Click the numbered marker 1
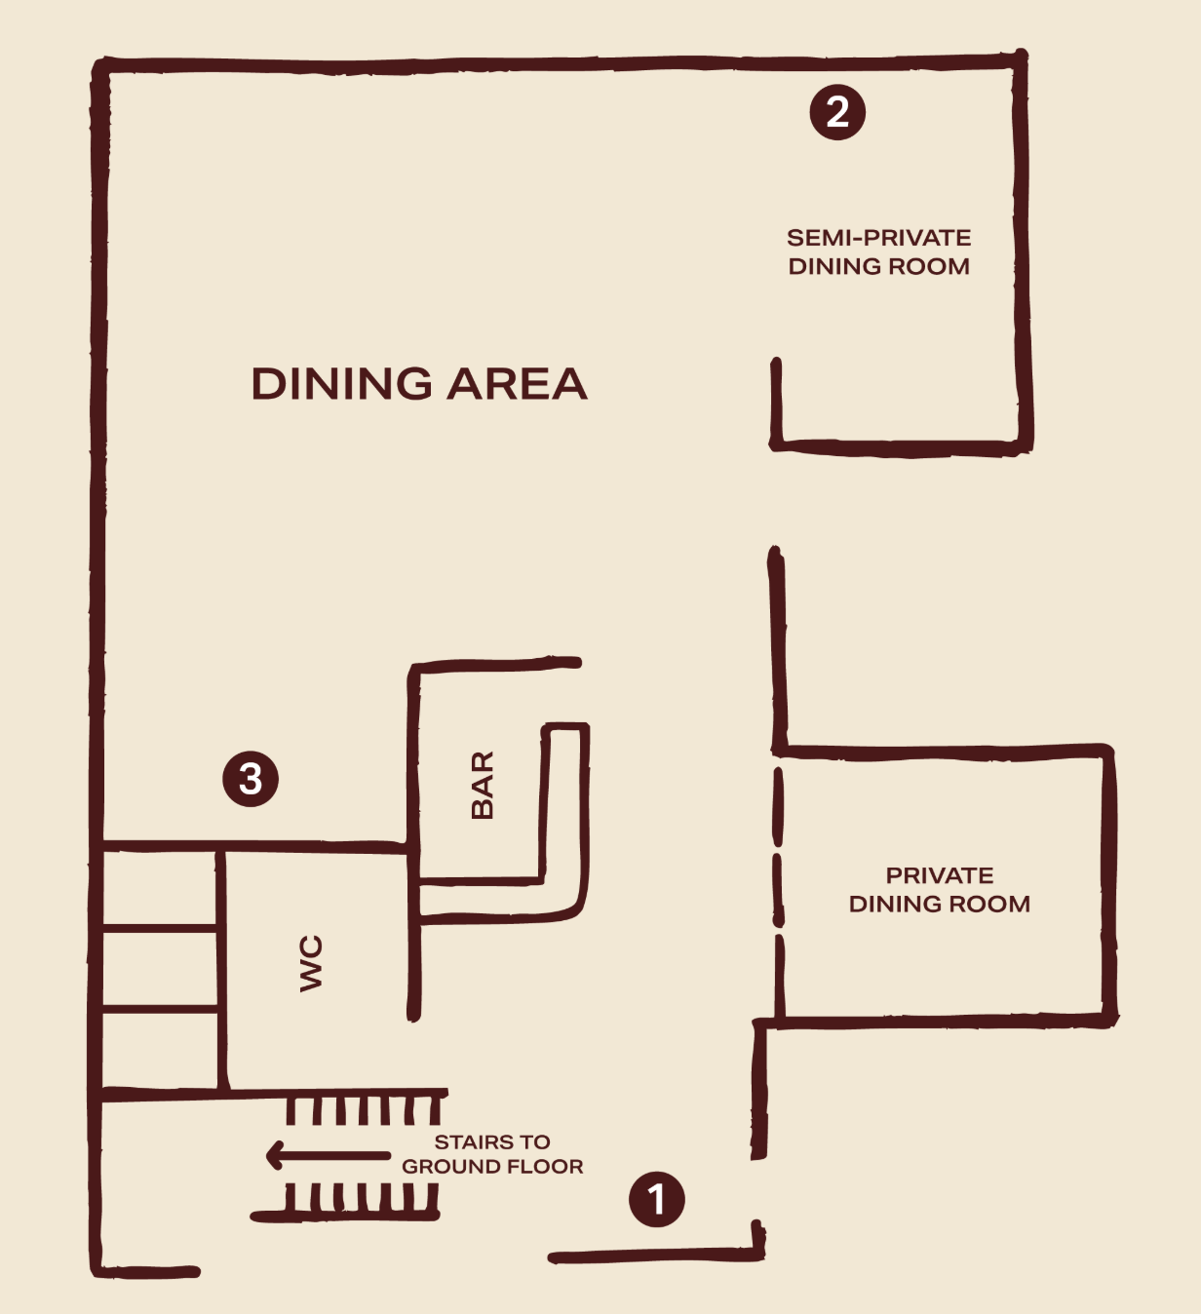656,1199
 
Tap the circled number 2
837,112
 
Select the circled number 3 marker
251,779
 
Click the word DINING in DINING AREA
341,384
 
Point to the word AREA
517,384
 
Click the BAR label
483,785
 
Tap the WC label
311,963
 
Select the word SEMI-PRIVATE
878,238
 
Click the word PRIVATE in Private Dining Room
940,875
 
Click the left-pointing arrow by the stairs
328,1155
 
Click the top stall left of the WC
159,889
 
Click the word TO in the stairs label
535,1141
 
